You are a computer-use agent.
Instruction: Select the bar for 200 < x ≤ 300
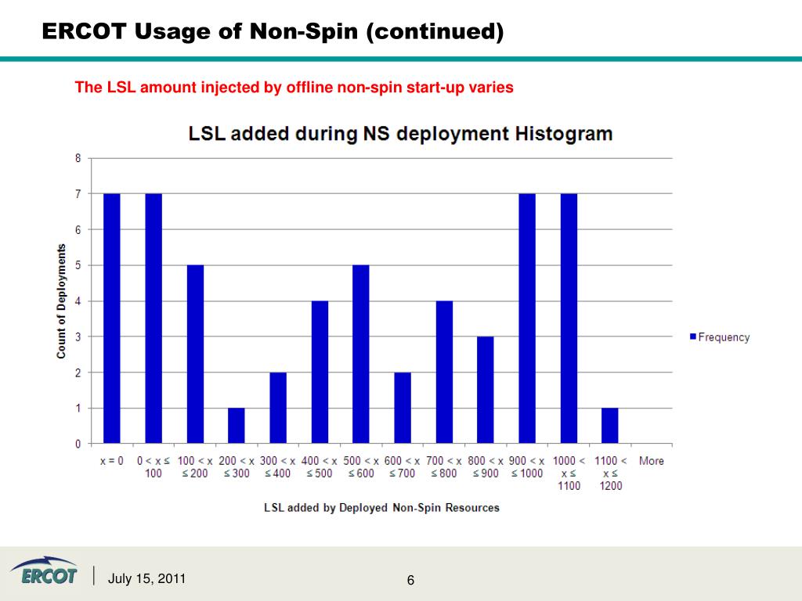pyautogui.click(x=237, y=426)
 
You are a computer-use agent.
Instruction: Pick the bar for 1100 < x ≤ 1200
pyautogui.click(x=610, y=426)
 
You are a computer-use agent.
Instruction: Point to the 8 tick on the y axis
pyautogui.click(x=78, y=158)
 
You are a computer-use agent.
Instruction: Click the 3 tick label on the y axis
pyautogui.click(x=78, y=337)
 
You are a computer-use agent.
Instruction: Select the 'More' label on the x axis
pyautogui.click(x=652, y=461)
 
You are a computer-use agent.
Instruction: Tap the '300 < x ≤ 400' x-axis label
pyautogui.click(x=278, y=467)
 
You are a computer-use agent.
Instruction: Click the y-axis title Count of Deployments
pyautogui.click(x=61, y=301)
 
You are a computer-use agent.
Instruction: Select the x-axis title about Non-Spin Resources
pyautogui.click(x=381, y=508)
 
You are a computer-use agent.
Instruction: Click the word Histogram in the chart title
pyautogui.click(x=563, y=133)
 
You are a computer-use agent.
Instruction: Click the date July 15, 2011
pyautogui.click(x=147, y=579)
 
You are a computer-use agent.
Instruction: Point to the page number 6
pyautogui.click(x=410, y=580)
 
